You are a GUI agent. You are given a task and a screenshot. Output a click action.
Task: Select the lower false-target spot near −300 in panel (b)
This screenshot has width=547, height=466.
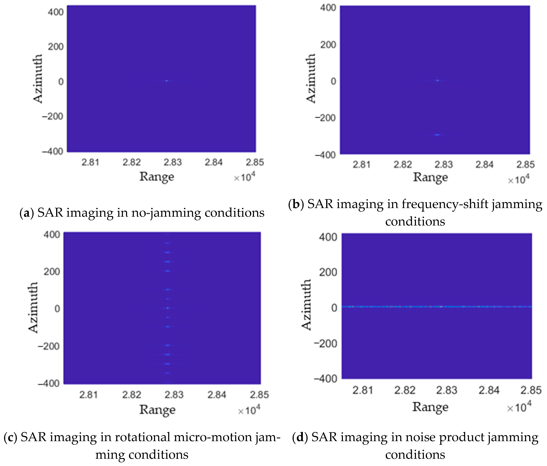(437, 135)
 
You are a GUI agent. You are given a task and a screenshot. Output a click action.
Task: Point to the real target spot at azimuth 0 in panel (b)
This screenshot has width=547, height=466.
(437, 80)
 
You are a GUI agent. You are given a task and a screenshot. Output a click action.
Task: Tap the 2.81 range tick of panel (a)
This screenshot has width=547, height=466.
(90, 162)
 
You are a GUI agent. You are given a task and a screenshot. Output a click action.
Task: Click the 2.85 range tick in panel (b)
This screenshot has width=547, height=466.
(525, 165)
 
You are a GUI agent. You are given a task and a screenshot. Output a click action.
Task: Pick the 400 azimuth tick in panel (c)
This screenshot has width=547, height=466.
(52, 234)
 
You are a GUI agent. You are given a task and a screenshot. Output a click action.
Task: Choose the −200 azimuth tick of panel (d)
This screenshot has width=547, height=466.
(325, 344)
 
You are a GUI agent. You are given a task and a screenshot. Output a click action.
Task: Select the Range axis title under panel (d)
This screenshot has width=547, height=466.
(430, 407)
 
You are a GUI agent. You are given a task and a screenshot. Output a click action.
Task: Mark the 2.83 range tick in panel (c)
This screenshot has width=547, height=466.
(174, 395)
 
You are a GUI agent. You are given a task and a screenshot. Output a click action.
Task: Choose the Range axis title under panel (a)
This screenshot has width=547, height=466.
(157, 176)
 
